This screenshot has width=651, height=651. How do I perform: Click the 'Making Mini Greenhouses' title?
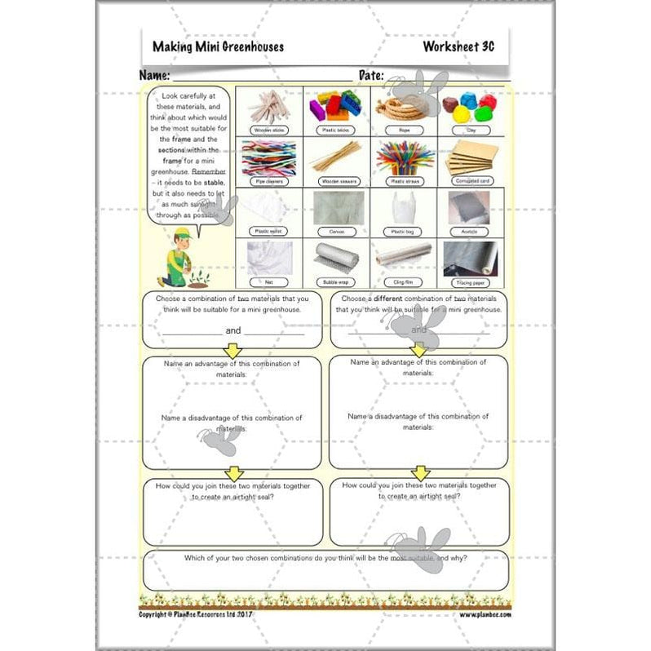218,46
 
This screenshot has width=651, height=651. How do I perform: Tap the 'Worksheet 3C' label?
458,46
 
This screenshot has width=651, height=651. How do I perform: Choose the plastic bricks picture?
335,104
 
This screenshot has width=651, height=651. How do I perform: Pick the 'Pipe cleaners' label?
268,181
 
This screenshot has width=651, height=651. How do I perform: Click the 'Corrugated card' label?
471,181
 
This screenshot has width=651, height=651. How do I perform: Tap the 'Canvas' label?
335,231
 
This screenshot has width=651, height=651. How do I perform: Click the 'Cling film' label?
403,281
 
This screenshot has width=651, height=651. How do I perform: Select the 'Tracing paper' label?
471,281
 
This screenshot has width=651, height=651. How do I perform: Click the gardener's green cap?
183,233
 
